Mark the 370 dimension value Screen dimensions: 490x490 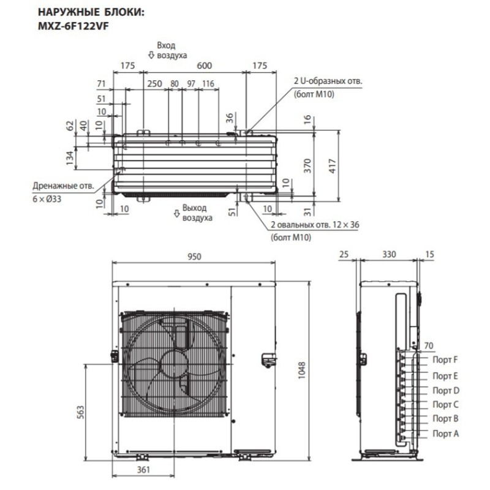coord(309,165)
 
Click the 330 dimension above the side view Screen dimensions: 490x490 coord(388,254)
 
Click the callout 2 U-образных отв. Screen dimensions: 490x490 coord(328,81)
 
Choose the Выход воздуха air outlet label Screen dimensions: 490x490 coord(197,213)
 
